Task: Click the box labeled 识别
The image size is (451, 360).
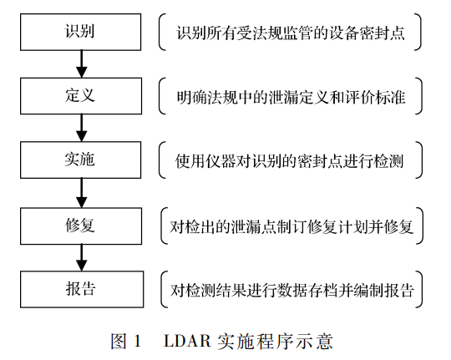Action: (80, 33)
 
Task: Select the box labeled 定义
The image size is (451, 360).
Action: (80, 97)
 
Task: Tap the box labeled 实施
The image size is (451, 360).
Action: (80, 160)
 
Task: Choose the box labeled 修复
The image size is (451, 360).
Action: (80, 225)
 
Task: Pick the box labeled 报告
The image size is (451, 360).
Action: (80, 289)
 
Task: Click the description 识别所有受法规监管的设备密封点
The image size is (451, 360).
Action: (291, 33)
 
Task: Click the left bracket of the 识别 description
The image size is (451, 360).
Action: (161, 33)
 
